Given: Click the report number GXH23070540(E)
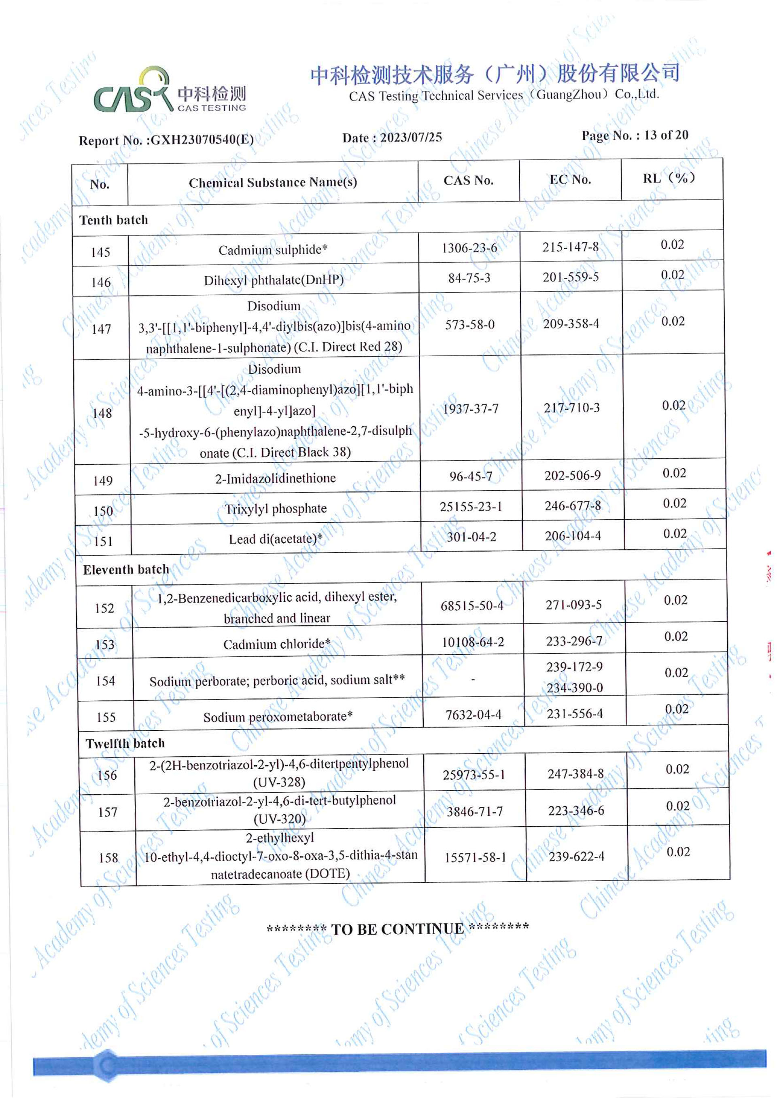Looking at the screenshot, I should pyautogui.click(x=202, y=140).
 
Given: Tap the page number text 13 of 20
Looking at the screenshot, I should pyautogui.click(x=666, y=135).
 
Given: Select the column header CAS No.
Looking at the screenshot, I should pyautogui.click(x=468, y=180).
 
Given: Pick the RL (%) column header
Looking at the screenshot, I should pyautogui.click(x=669, y=178).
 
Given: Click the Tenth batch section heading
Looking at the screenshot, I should pyautogui.click(x=113, y=220).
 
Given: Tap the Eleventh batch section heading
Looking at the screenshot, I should pyautogui.click(x=126, y=569).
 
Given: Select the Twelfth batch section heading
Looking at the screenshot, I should pyautogui.click(x=125, y=743).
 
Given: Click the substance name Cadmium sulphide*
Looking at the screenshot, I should pyautogui.click(x=273, y=250).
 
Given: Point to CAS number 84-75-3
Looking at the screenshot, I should pyautogui.click(x=469, y=278).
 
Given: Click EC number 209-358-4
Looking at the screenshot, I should pyautogui.click(x=571, y=324).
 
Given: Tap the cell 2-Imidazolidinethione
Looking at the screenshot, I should pyautogui.click(x=275, y=478).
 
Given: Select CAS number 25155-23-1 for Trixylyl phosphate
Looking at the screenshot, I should pyautogui.click(x=471, y=506).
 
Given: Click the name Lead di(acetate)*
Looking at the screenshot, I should pyautogui.click(x=276, y=539).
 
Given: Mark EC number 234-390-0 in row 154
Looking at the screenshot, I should pyautogui.click(x=575, y=688).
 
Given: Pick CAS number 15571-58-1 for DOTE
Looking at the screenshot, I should pyautogui.click(x=475, y=857).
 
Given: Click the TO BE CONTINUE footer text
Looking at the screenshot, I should pyautogui.click(x=397, y=929).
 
